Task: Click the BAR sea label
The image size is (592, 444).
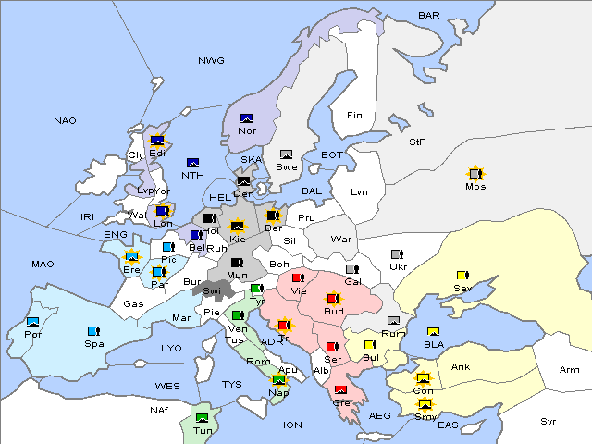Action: tap(428, 15)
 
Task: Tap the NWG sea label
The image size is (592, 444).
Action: tap(211, 60)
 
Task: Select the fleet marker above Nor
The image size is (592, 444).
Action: tap(247, 117)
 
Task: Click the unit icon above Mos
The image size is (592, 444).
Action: tap(475, 173)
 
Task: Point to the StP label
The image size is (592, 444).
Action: tap(417, 142)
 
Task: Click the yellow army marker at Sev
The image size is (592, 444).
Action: tap(462, 275)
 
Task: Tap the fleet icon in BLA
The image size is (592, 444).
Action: tap(433, 331)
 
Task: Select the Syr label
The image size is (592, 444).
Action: tap(549, 421)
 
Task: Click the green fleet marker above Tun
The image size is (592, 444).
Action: tap(203, 417)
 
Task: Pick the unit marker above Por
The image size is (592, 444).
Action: tap(33, 322)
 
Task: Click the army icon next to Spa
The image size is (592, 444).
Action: tap(92, 330)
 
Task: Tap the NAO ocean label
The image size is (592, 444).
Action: tap(65, 120)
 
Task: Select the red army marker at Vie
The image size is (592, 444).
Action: tap(298, 277)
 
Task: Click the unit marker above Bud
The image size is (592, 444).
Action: tap(333, 299)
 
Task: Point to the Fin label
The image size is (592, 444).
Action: tap(354, 115)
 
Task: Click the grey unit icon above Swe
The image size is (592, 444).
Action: tap(287, 154)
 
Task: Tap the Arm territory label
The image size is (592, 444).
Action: tap(570, 370)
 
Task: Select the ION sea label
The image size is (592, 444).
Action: tap(292, 425)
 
